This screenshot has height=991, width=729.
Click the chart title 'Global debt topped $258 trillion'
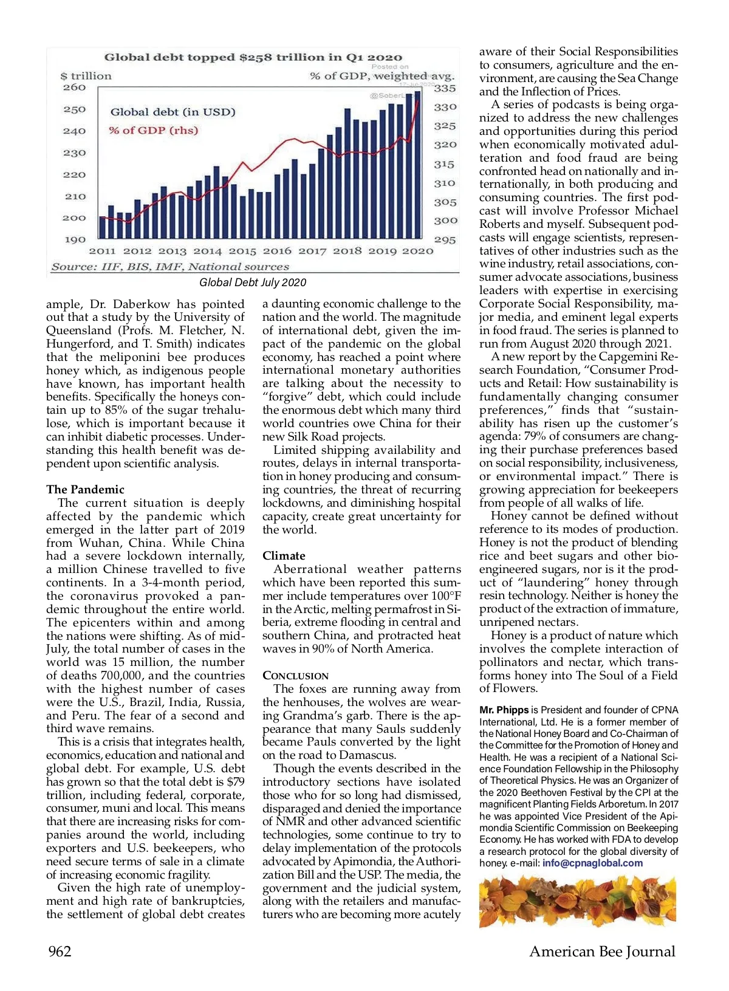253,58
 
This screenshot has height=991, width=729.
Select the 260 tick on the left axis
75,87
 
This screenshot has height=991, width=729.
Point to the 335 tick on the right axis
445,89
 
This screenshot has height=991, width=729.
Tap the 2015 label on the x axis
242,251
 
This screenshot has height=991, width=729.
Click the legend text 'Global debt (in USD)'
173,112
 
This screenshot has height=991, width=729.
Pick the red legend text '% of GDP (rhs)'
153,131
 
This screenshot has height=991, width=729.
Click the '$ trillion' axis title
86,77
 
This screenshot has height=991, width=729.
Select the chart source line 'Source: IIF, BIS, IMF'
170,267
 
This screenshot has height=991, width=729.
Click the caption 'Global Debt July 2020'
253,283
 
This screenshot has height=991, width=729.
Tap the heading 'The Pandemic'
85,490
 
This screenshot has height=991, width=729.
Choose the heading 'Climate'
284,556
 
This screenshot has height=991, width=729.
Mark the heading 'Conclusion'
295,676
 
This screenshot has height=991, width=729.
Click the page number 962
60,952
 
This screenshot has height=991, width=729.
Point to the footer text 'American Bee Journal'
602,952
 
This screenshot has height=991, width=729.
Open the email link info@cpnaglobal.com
592,863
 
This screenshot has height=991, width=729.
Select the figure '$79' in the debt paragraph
236,782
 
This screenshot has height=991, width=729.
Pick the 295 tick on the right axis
445,240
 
